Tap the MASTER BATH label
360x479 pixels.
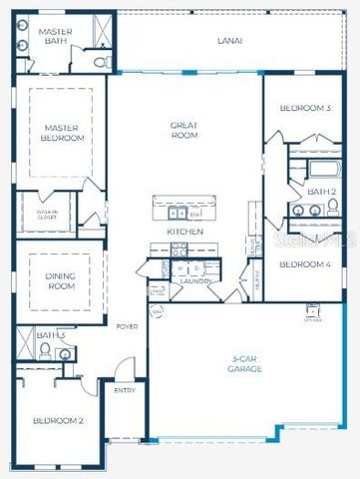(x=53, y=37)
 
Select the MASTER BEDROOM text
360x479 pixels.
(x=63, y=133)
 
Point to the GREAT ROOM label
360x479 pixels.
(x=184, y=130)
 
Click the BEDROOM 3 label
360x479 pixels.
(x=304, y=108)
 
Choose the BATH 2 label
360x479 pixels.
(x=321, y=191)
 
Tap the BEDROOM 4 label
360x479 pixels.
(x=304, y=264)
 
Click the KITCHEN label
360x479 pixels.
(x=184, y=232)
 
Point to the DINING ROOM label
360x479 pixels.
(x=61, y=280)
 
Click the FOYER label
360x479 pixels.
(x=127, y=326)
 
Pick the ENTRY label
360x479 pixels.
(x=125, y=390)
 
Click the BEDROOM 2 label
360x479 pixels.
(x=58, y=421)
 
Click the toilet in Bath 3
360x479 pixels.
(x=45, y=350)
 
